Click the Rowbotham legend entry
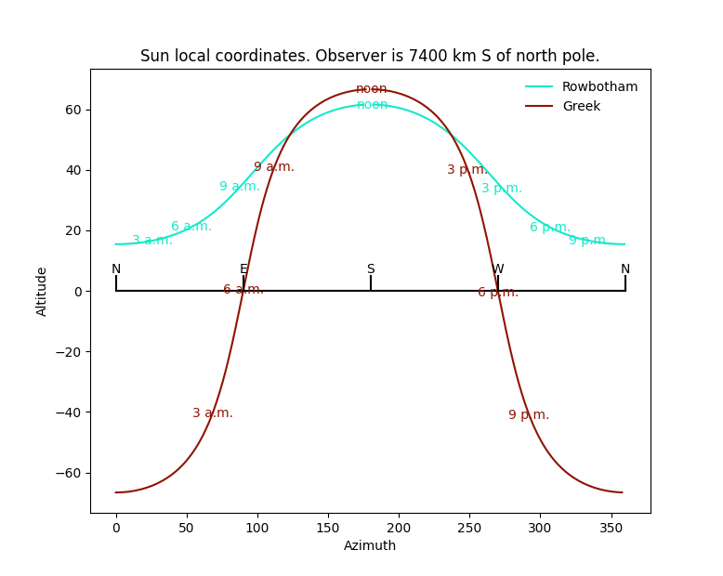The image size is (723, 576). click(599, 87)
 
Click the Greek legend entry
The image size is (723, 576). click(581, 107)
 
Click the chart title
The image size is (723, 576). click(370, 56)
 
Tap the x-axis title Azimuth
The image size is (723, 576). click(370, 546)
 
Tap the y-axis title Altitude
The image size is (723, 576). click(42, 291)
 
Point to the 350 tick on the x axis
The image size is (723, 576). click(611, 529)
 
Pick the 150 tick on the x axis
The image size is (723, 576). click(328, 529)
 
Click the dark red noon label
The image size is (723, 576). click(372, 89)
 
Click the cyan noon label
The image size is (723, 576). click(372, 105)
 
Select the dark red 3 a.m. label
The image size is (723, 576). click(213, 413)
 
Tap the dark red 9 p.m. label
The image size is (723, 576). click(529, 415)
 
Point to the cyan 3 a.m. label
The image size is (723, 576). click(152, 241)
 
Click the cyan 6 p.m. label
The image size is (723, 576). click(550, 228)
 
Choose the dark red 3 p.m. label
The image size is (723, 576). click(467, 170)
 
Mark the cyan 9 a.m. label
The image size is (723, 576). click(240, 187)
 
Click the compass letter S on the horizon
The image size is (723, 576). click(371, 269)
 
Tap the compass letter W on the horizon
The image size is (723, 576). click(498, 269)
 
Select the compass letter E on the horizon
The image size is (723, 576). click(243, 269)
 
